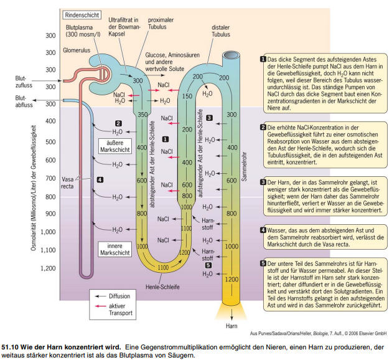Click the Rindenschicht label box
[82, 15]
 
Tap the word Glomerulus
[77, 50]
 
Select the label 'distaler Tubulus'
[220, 31]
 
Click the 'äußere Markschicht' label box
[115, 146]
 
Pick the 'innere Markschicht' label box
[115, 249]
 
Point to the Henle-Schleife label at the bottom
[162, 287]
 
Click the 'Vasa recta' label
[67, 182]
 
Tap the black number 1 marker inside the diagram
[166, 139]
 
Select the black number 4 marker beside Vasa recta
[100, 179]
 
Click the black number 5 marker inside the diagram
[208, 265]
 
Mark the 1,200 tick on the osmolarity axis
[48, 268]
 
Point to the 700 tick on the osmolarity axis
[50, 178]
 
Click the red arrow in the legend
[101, 306]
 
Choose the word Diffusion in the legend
[119, 296]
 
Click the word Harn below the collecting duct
[231, 326]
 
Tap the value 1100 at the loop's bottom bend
[163, 268]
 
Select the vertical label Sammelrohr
[245, 167]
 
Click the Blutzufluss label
[24, 82]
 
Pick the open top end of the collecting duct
[231, 55]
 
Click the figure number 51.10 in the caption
[10, 348]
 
